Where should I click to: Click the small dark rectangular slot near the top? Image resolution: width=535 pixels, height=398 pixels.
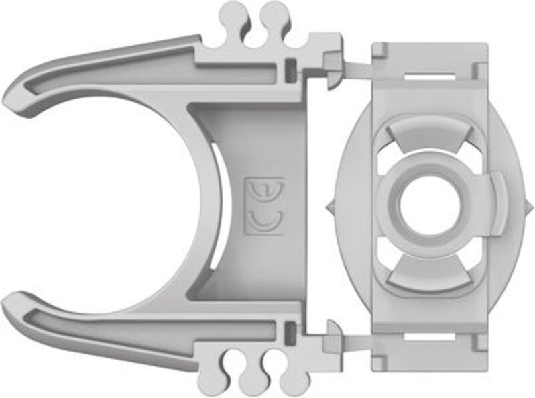[290, 67]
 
